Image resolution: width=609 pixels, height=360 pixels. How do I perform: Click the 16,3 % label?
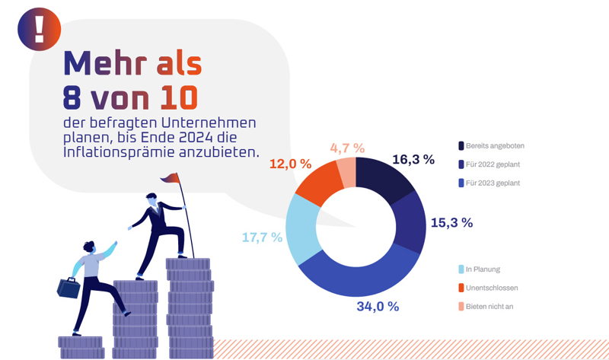[413, 160]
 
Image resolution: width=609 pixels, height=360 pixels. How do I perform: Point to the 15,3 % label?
[451, 223]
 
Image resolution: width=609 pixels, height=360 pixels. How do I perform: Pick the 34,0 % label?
[378, 307]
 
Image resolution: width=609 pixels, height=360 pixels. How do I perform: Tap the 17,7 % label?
[262, 237]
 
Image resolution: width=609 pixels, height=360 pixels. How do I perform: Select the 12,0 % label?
[290, 164]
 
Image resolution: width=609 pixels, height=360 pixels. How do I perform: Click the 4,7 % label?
[346, 148]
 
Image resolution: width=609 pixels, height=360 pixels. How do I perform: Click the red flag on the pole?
[170, 178]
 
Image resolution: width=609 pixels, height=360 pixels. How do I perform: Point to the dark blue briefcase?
[69, 288]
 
